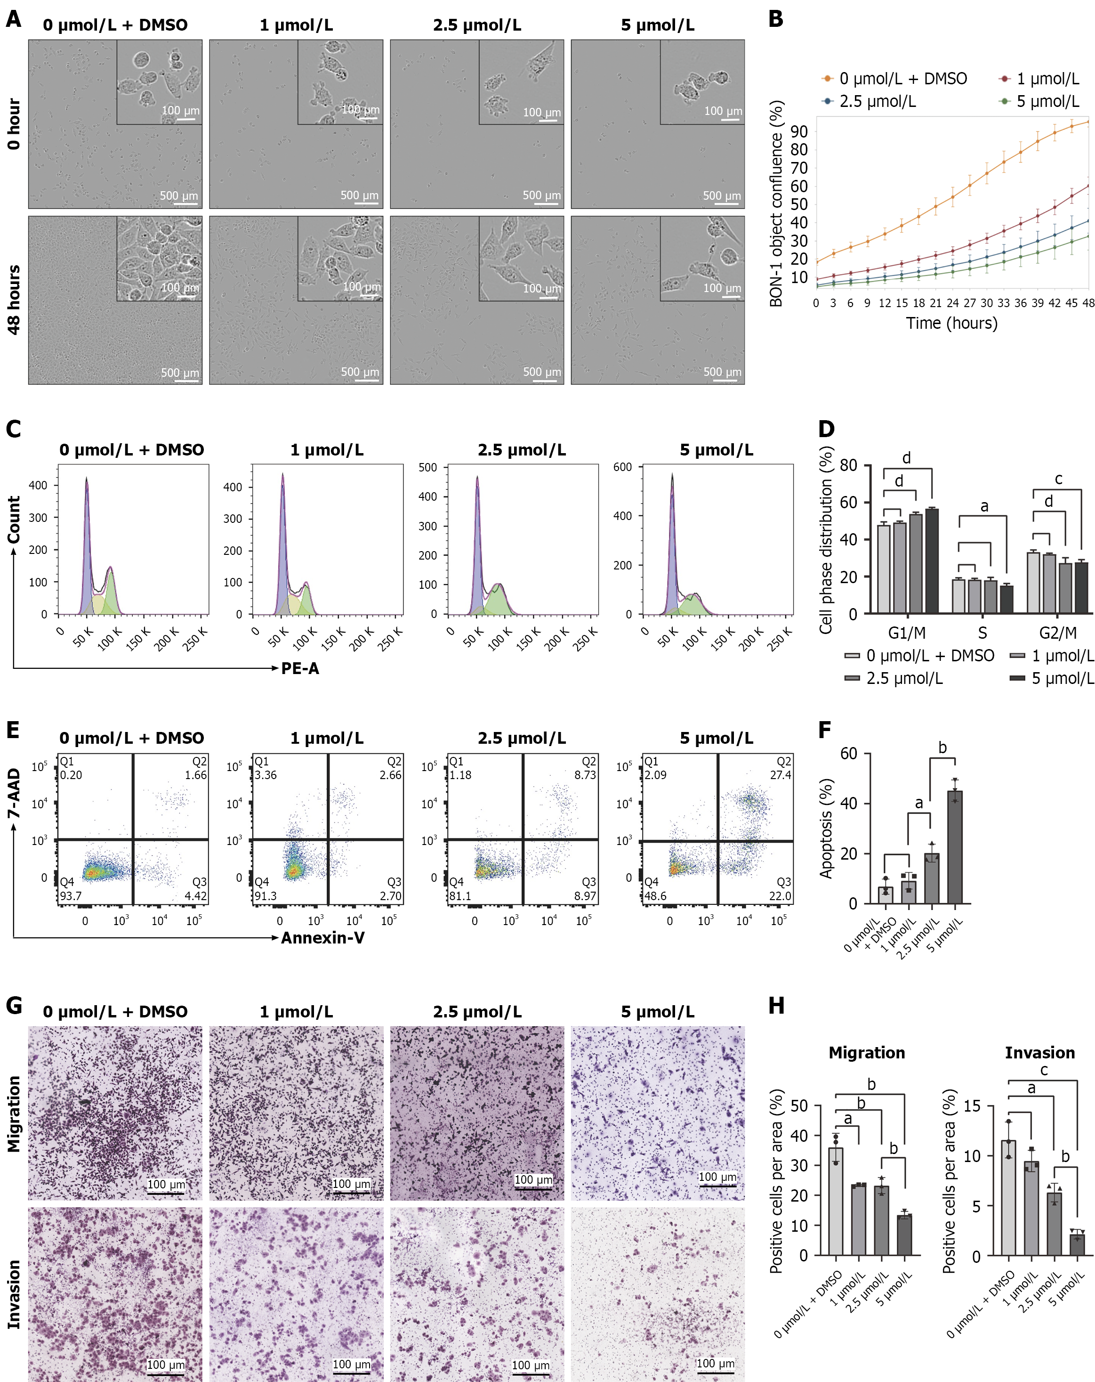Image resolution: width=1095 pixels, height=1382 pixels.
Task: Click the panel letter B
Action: (775, 19)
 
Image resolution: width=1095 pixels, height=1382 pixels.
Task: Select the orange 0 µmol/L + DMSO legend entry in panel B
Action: (894, 79)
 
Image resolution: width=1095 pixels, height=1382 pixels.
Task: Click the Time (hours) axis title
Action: (951, 323)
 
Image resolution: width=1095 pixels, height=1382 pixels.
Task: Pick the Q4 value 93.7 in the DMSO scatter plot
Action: (71, 895)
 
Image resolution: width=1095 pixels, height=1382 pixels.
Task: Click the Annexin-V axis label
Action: (322, 938)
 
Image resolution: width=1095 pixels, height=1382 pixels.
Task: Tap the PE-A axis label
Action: (300, 668)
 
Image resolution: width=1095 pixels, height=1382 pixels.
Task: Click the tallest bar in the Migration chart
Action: (836, 1201)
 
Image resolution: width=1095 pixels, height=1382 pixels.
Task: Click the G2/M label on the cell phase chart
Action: (1058, 634)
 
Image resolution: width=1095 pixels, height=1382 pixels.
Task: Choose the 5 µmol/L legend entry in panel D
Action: (1051, 678)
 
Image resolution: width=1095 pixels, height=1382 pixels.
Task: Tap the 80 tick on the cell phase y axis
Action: (848, 465)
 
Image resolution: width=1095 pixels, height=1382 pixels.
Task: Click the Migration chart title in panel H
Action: (866, 1053)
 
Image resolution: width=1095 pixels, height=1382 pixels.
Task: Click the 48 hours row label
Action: (14, 300)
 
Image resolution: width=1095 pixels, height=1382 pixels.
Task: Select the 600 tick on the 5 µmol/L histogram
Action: (622, 467)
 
